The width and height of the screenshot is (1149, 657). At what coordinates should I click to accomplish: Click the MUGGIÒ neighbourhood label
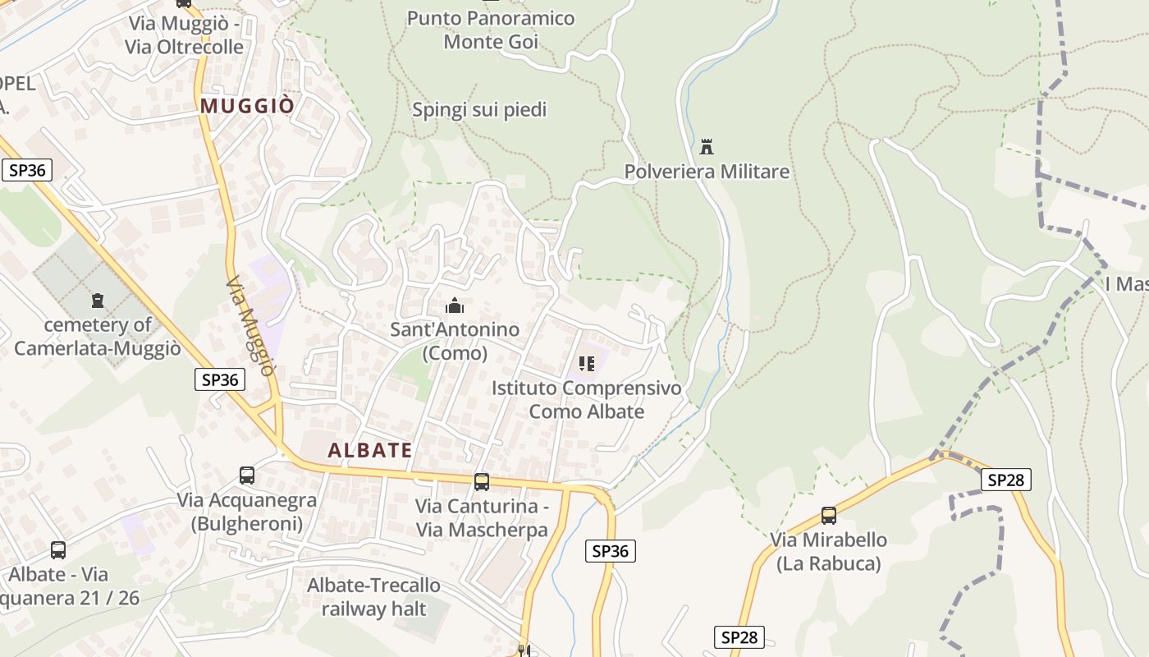(247, 106)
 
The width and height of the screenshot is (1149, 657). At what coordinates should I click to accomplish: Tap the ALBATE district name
(370, 450)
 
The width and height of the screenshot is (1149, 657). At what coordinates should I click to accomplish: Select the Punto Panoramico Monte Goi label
(491, 30)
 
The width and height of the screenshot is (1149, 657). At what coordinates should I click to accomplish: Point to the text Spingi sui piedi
(479, 109)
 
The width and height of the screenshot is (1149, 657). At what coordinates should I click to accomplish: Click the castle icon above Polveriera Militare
(706, 148)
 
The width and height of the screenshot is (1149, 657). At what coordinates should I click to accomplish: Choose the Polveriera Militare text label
(707, 172)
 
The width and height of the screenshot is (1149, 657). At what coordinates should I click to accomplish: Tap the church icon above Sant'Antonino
(454, 306)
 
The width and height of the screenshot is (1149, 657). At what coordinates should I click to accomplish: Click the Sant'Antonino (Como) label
(454, 342)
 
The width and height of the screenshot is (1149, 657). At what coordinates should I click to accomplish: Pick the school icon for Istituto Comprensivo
(586, 364)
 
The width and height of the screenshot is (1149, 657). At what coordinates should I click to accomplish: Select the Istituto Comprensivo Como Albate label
(587, 399)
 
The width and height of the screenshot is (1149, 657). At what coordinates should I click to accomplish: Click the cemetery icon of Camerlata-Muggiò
(98, 301)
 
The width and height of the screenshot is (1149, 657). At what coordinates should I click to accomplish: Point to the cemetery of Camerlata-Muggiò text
(98, 337)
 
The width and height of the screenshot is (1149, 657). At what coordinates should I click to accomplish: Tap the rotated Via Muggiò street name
(249, 325)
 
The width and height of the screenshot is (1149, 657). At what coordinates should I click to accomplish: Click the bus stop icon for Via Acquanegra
(246, 475)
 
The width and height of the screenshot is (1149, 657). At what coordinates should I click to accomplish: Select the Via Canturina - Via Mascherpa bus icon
(482, 482)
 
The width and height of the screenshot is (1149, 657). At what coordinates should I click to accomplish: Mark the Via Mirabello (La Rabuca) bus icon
(829, 516)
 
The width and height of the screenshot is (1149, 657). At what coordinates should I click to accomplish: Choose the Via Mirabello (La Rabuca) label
(828, 551)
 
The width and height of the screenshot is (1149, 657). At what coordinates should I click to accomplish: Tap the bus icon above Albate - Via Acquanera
(57, 550)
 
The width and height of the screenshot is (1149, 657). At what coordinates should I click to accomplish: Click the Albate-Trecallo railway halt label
(373, 597)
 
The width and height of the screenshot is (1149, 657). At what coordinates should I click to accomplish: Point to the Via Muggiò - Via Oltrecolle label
(184, 35)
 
